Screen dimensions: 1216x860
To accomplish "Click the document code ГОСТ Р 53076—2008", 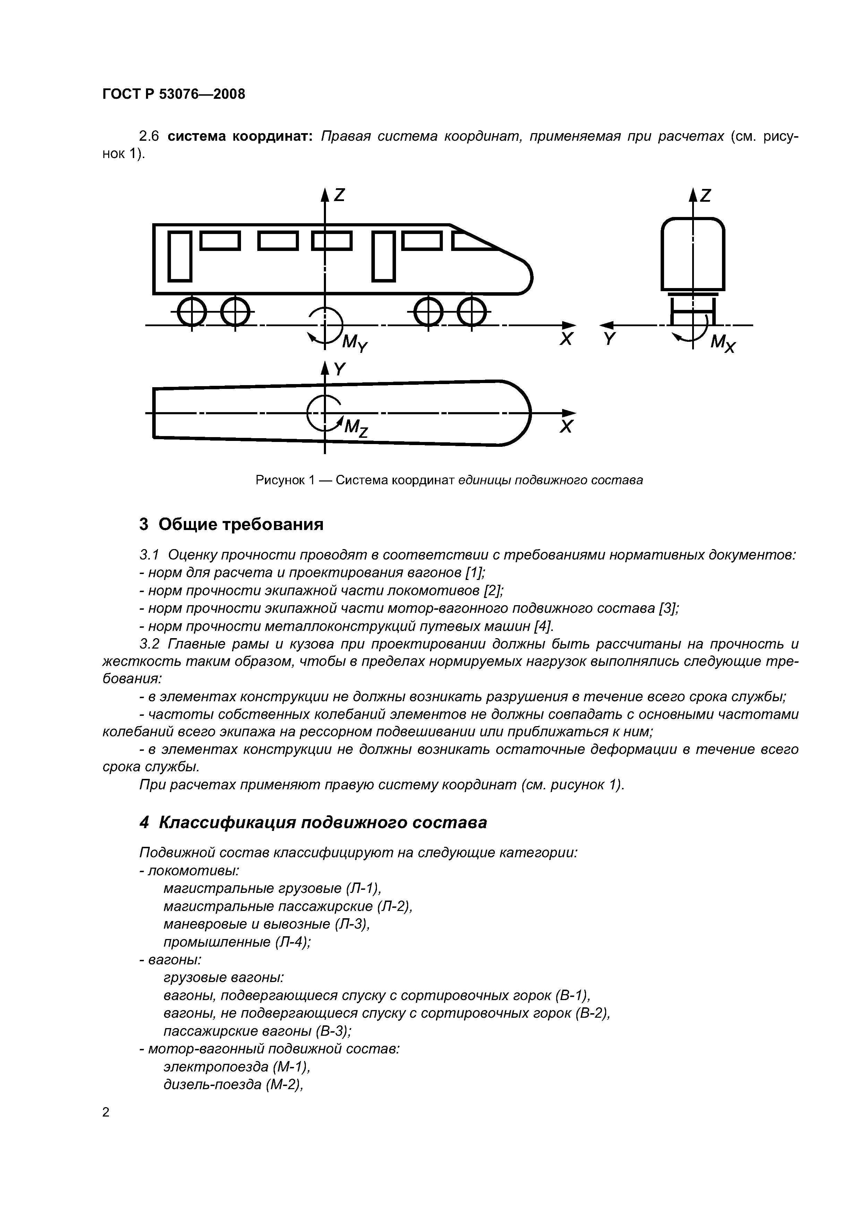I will [174, 94].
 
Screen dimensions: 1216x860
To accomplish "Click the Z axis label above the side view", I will [339, 196].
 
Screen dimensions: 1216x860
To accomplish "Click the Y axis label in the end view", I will [610, 339].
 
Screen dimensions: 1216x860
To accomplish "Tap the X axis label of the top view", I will [566, 427].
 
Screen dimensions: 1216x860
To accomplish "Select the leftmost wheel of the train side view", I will [192, 312].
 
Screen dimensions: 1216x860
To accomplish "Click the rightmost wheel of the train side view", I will [471, 312].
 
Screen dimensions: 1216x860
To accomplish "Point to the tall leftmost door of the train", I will [180, 256].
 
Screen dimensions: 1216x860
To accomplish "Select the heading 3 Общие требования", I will [231, 524].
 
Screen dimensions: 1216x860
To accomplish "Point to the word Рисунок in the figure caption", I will [280, 480].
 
